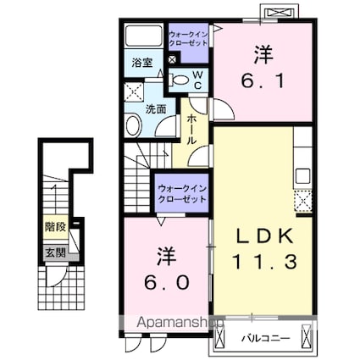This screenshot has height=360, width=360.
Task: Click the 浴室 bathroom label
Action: click(142, 63)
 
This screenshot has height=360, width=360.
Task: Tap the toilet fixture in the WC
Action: click(179, 80)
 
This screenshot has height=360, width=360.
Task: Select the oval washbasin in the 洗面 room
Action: click(134, 125)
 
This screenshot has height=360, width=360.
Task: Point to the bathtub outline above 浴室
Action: click(143, 36)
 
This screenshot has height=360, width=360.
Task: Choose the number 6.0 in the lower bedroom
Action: click(166, 282)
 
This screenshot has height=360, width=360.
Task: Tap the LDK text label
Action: click(264, 236)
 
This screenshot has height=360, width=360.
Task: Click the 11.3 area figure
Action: click(264, 261)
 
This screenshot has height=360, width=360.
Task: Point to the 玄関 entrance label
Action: click(56, 252)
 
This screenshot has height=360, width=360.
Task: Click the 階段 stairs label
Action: click(56, 227)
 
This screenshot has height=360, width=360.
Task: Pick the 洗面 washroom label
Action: click(156, 109)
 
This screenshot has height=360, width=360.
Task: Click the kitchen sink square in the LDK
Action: click(303, 176)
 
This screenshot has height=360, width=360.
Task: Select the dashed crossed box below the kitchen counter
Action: click(303, 201)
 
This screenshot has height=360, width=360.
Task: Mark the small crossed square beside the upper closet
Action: click(173, 59)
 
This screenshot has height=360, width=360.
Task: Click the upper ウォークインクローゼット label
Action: click(188, 39)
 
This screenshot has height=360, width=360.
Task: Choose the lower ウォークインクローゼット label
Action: click(182, 194)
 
